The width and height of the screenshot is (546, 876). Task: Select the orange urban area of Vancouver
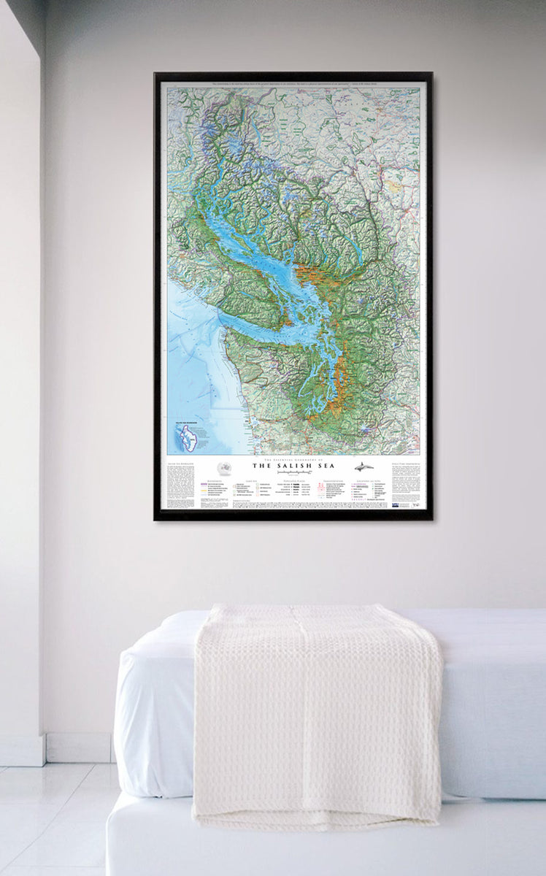point(310,276)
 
